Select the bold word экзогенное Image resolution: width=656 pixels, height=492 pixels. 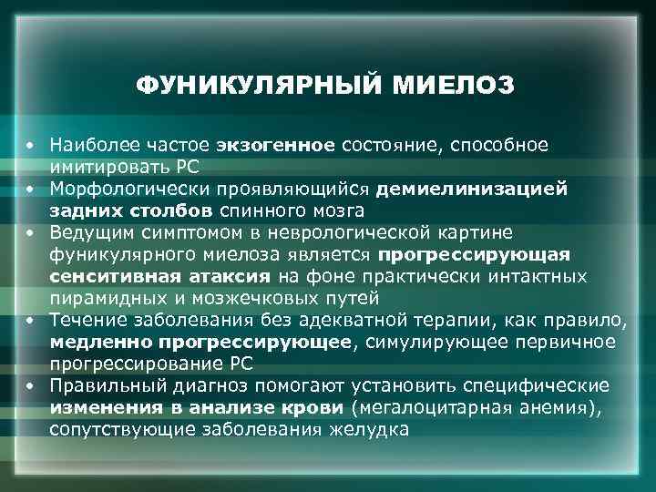277,146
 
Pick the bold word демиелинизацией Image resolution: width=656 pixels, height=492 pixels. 478,189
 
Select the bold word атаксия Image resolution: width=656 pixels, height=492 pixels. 232,275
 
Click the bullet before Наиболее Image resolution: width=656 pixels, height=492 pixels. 30,147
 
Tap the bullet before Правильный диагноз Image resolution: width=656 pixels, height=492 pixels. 30,384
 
